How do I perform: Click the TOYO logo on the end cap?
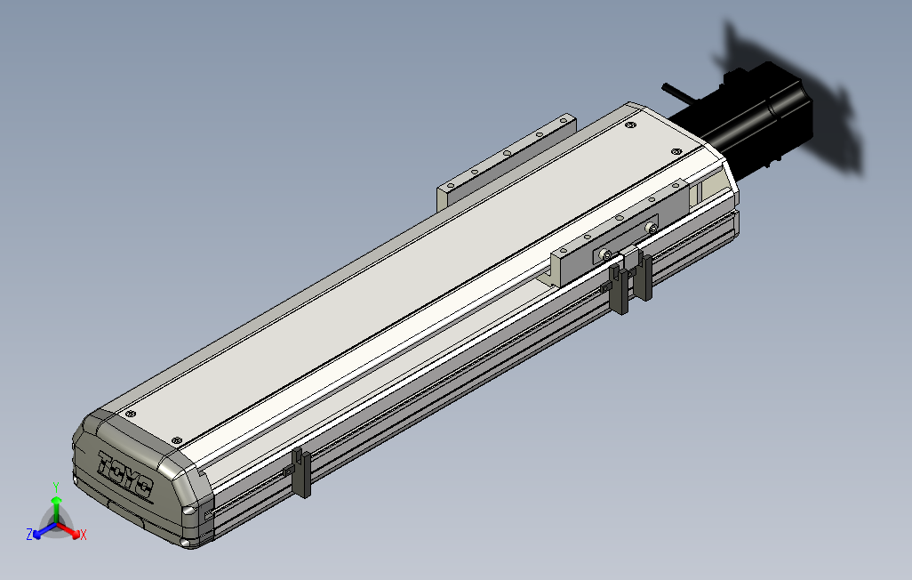click(x=126, y=475)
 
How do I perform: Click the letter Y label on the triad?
click(x=56, y=487)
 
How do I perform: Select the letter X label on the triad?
click(x=84, y=535)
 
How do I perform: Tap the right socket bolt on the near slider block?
click(x=653, y=230)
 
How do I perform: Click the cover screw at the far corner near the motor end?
click(x=630, y=127)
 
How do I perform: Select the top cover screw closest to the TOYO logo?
click(x=176, y=440)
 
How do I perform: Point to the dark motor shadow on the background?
click(x=800, y=107)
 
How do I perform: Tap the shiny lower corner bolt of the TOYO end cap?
click(x=189, y=512)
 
